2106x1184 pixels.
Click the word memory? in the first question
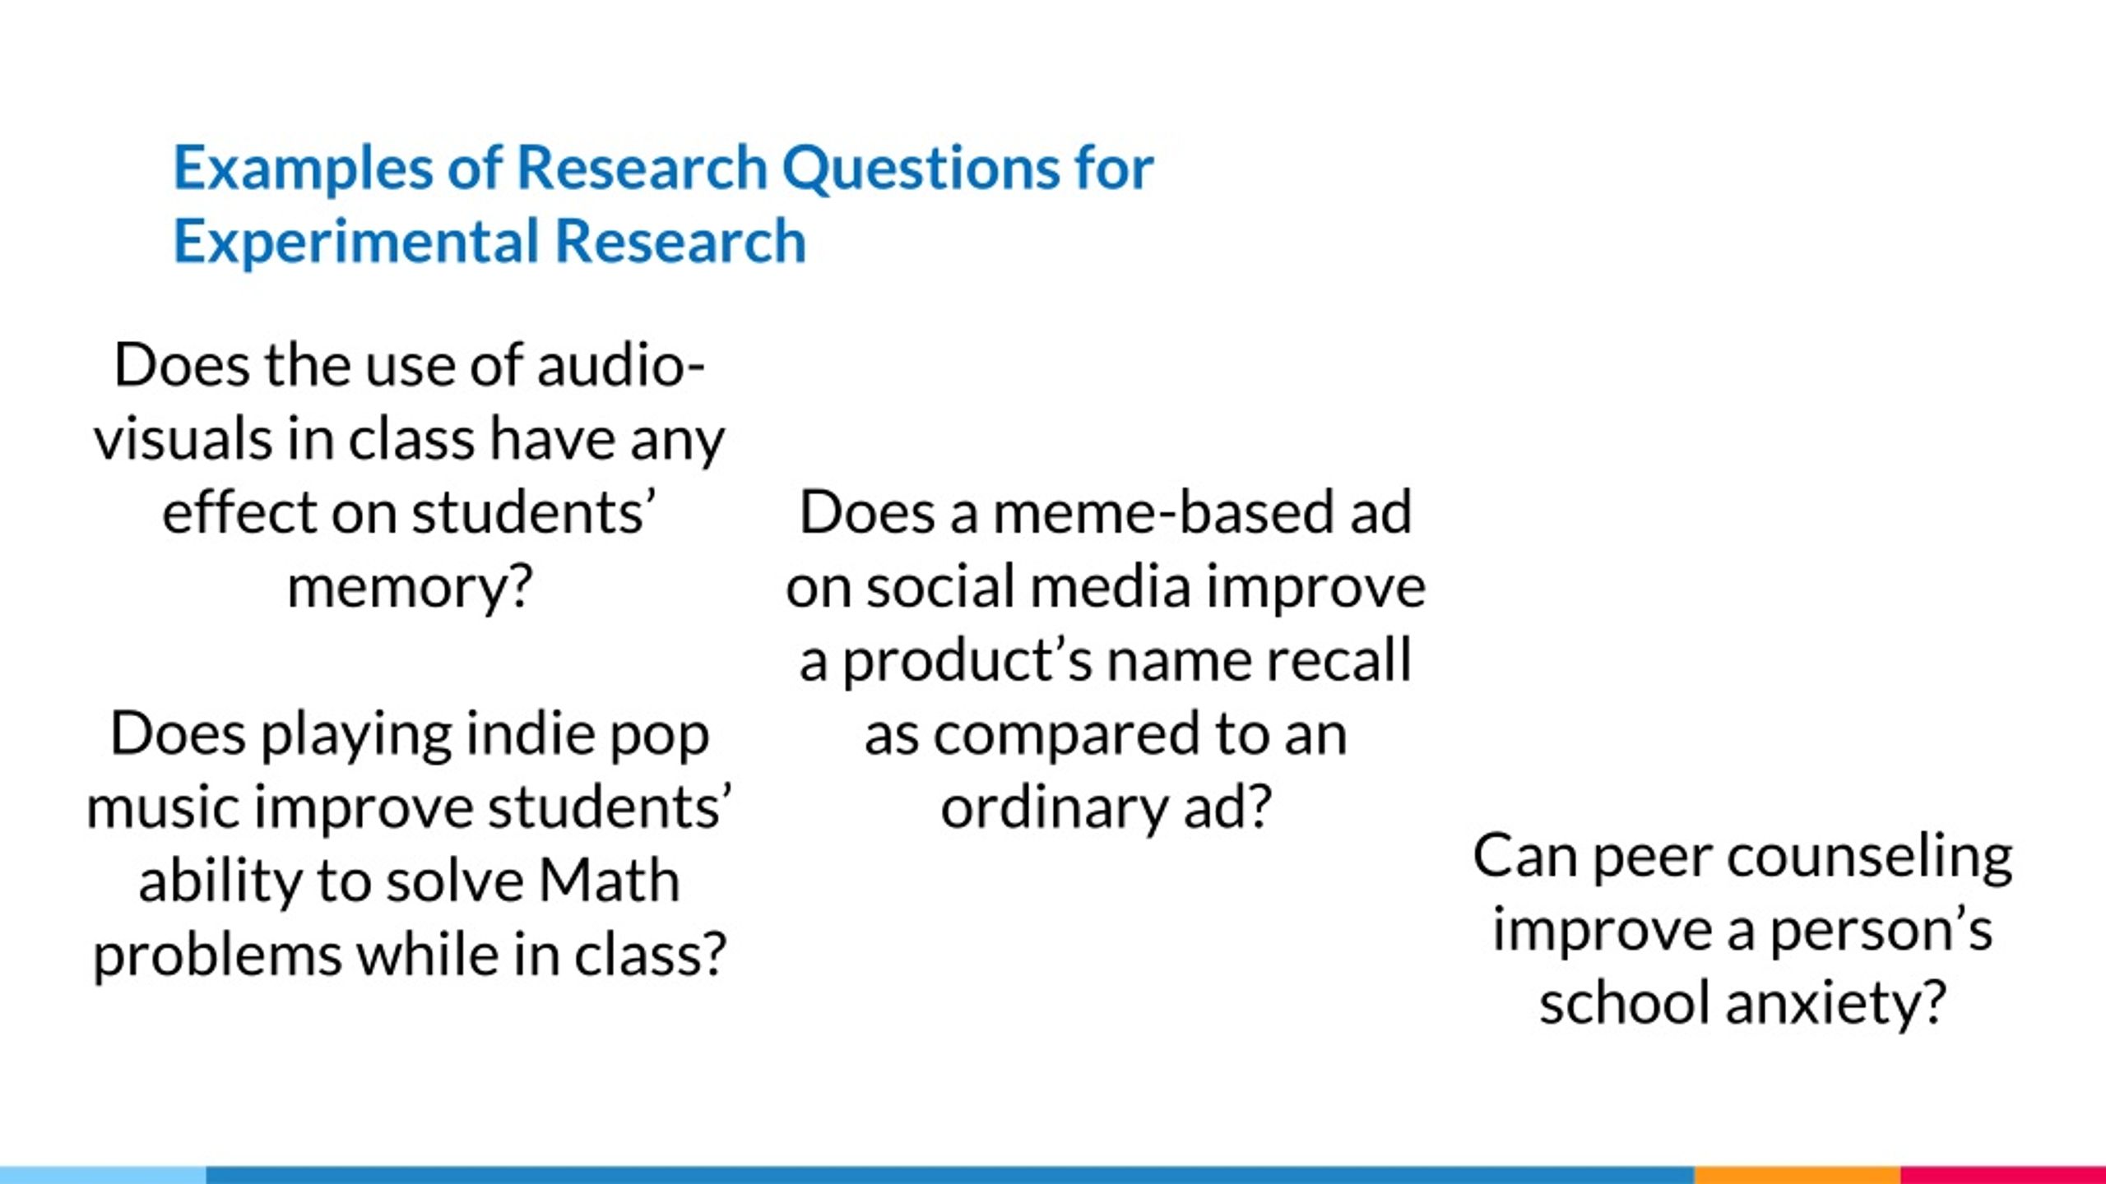pos(410,588)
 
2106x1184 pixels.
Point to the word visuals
pos(182,439)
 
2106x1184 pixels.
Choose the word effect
pos(238,513)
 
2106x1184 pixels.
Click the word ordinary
pos(1053,808)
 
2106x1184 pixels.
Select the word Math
pos(609,881)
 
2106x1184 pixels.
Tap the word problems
pos(216,955)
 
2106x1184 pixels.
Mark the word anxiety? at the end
pos(1836,1005)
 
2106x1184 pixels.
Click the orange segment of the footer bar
pos(1798,1175)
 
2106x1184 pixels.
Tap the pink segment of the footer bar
pos(2003,1175)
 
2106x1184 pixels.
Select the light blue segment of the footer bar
pos(103,1175)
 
